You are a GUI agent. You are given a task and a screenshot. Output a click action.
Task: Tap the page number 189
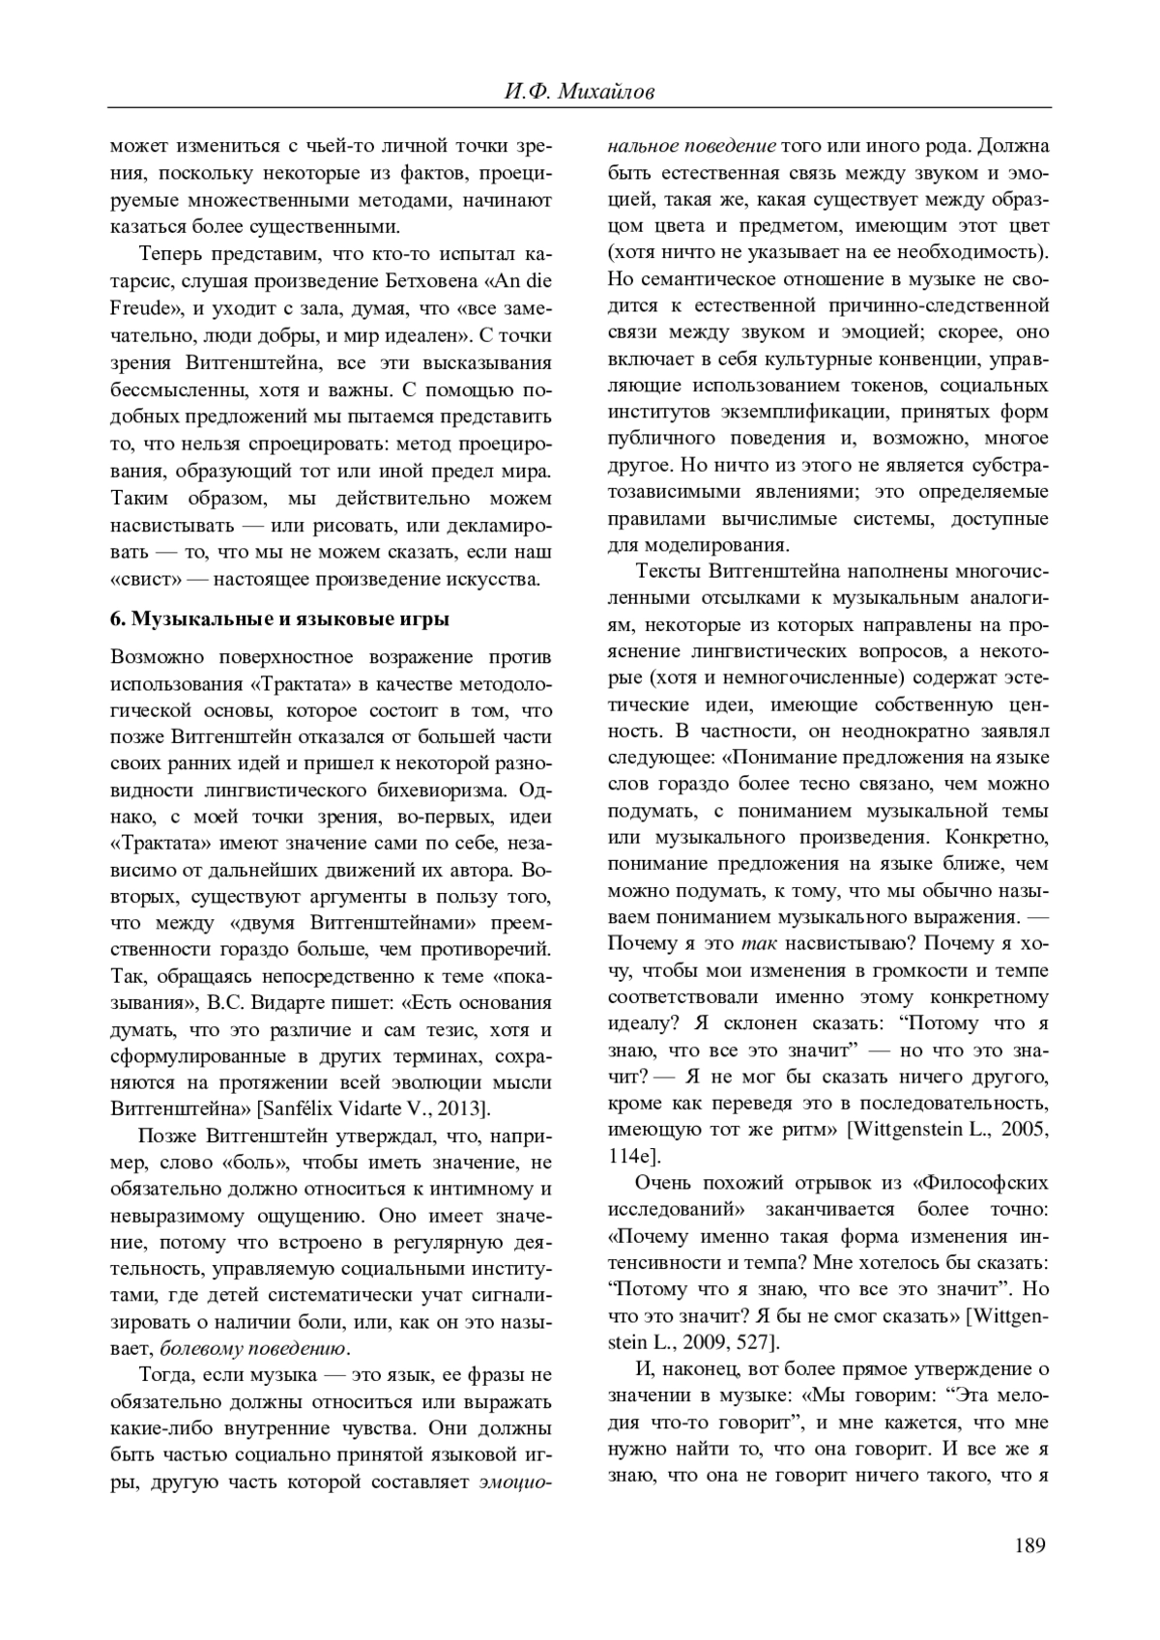click(x=1030, y=1545)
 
